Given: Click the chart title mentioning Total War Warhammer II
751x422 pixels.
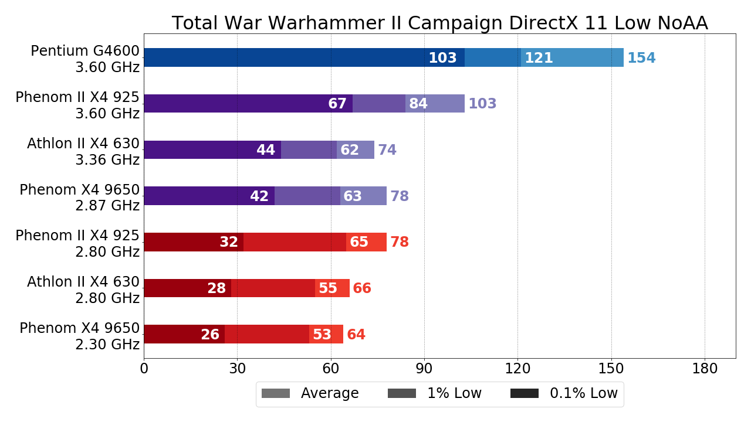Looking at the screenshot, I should [439, 23].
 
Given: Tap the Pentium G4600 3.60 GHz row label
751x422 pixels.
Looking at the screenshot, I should [85, 59].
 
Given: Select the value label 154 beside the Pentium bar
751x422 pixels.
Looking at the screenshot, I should [641, 58].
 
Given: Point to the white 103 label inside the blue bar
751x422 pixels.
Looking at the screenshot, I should [442, 58].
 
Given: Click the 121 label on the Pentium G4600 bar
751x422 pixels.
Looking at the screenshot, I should [539, 58].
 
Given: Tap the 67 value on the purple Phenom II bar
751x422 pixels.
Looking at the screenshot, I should [337, 104].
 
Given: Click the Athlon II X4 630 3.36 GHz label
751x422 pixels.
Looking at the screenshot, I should [83, 152].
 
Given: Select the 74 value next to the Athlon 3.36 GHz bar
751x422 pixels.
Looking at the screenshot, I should [387, 150].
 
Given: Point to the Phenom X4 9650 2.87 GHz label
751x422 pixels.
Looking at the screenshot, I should [80, 198].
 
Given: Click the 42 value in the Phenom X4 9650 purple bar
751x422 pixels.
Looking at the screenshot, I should [259, 196].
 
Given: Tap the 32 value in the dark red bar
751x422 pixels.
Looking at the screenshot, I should [229, 242].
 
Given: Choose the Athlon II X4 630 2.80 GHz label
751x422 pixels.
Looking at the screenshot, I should [83, 290].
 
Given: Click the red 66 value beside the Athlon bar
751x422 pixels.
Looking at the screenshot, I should [362, 288].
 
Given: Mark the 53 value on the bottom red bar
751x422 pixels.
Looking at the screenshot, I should [322, 335].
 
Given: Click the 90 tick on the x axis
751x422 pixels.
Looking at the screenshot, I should [424, 369].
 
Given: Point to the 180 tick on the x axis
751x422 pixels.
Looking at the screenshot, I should [705, 369].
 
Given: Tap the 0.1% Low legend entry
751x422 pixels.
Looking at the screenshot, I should [564, 393].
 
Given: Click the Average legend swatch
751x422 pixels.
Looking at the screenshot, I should [276, 393].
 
